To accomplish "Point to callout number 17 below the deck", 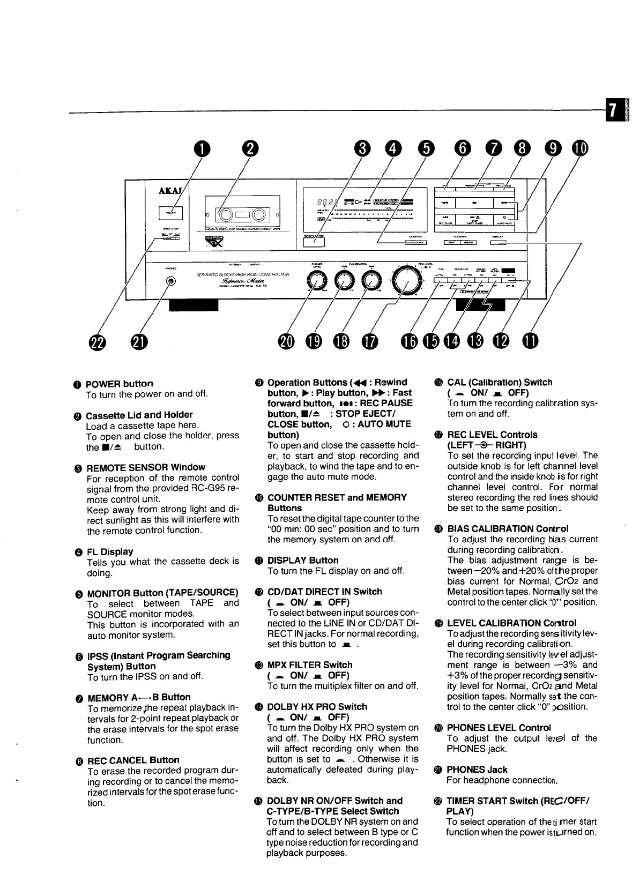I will (x=369, y=341).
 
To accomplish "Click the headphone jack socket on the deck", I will (x=171, y=281).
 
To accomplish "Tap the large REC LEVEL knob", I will (x=406, y=279).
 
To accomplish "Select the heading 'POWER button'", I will (x=119, y=384).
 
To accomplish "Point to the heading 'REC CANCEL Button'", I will (x=133, y=760).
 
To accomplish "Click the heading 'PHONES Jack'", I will (x=477, y=770).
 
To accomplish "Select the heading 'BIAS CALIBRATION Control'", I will (x=507, y=529).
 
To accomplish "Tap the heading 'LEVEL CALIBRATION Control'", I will (x=511, y=623).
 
